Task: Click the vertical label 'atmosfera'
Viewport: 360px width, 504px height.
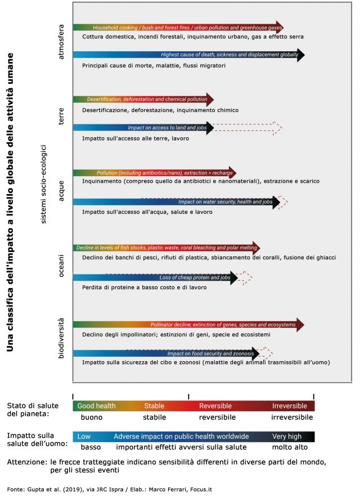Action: pos(61,41)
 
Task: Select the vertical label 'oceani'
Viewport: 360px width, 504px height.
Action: pos(61,265)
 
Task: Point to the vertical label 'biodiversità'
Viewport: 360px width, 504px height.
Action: pos(61,338)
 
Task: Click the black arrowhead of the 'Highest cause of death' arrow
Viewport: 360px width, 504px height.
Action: pos(300,55)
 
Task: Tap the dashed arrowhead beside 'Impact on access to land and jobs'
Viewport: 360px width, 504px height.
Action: pos(276,128)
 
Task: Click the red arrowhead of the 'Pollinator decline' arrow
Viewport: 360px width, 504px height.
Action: pos(300,325)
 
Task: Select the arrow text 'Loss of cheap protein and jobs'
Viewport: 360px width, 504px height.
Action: pos(195,278)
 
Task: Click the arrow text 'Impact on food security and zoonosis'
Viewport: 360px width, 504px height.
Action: pos(210,353)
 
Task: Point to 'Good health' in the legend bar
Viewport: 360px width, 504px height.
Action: pos(96,406)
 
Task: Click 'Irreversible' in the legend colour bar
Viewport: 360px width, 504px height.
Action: pos(290,406)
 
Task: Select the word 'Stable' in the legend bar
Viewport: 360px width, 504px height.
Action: pos(154,406)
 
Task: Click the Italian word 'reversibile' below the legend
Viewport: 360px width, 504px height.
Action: pos(217,417)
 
